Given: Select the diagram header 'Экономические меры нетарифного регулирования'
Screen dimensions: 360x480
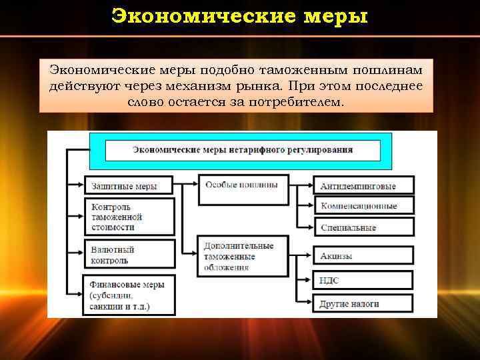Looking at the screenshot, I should coord(242,150).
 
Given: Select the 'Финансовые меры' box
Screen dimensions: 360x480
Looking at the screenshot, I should coord(128,294).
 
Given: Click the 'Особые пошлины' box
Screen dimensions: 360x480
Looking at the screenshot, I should coord(243,189).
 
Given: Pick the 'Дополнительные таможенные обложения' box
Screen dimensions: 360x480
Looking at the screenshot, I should coord(243,256).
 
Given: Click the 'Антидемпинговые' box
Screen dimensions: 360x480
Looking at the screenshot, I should coord(363,185).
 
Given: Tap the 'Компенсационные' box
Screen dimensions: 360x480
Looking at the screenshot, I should coord(363,206).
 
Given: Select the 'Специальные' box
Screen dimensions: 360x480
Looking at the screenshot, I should coord(363,227).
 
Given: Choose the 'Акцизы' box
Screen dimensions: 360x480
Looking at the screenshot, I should coord(363,256).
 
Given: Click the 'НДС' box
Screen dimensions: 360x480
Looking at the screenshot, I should coord(363,281).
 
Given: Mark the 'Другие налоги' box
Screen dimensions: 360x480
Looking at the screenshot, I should coord(363,303).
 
